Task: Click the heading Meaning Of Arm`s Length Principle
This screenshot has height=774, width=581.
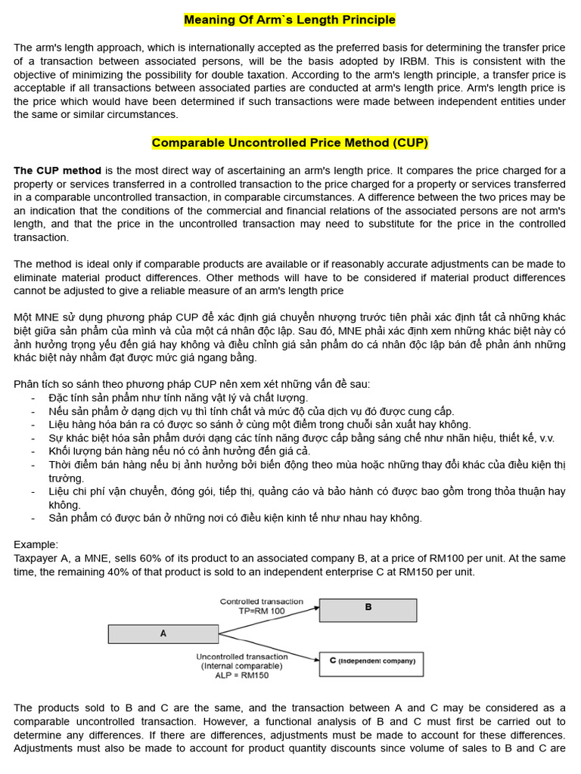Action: (x=290, y=20)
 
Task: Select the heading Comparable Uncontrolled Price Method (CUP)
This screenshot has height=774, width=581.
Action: (x=290, y=143)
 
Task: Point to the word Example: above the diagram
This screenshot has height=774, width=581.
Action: (x=36, y=545)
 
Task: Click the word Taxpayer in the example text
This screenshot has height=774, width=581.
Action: (x=36, y=559)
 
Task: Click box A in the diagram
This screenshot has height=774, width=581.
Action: (x=163, y=633)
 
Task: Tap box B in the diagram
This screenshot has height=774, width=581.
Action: (x=368, y=608)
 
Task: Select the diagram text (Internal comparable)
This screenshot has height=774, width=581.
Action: (x=241, y=666)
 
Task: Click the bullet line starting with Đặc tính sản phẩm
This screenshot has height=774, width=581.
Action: (x=178, y=398)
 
